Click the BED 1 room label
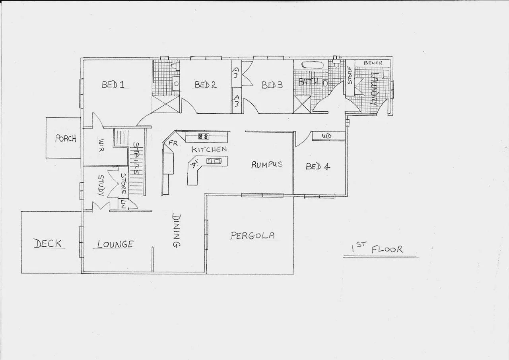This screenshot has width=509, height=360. pyautogui.click(x=113, y=85)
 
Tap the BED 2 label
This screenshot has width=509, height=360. pyautogui.click(x=205, y=85)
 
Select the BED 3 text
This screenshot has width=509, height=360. pyautogui.click(x=272, y=85)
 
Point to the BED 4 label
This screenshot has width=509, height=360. pyautogui.click(x=318, y=166)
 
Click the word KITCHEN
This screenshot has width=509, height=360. pyautogui.click(x=209, y=149)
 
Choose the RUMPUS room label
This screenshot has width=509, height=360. pyautogui.click(x=267, y=164)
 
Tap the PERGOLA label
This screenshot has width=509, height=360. pyautogui.click(x=253, y=235)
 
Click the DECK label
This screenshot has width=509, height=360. pyautogui.click(x=48, y=244)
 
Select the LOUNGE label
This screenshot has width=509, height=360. pyautogui.click(x=115, y=244)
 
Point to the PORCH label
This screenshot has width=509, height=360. pyautogui.click(x=66, y=139)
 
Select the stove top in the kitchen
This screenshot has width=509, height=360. pyautogui.click(x=204, y=137)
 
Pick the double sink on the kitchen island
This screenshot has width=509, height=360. pyautogui.click(x=214, y=161)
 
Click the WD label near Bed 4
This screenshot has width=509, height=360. pyautogui.click(x=326, y=136)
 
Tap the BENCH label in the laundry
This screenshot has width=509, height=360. pyautogui.click(x=373, y=63)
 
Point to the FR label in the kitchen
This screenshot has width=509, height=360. pyautogui.click(x=173, y=143)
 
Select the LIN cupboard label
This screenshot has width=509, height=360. pyautogui.click(x=123, y=204)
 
